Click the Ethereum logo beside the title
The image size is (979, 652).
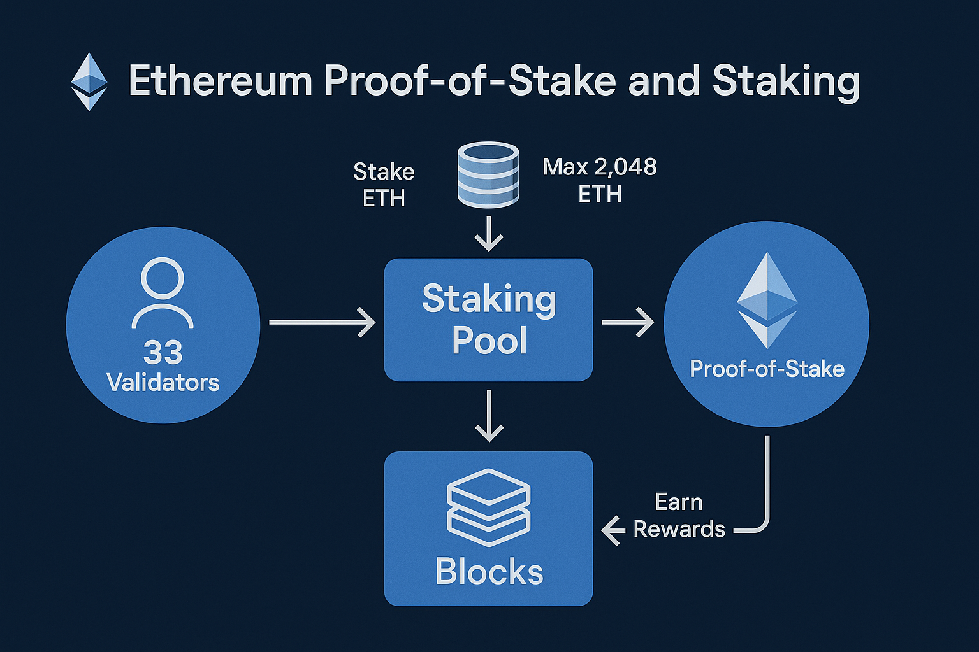89,82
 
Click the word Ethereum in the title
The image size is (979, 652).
221,81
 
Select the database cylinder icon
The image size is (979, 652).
488,174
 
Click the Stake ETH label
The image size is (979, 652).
384,185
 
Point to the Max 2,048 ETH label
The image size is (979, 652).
600,180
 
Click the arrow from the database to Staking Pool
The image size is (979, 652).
489,234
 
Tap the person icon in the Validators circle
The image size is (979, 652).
163,292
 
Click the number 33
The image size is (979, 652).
163,352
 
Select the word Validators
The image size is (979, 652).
163,383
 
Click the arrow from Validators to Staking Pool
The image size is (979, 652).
322,322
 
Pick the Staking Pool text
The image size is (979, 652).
489,319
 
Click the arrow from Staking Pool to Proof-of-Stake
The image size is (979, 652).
628,322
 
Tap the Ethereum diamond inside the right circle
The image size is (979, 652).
767,300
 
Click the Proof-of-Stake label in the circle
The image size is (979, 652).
767,369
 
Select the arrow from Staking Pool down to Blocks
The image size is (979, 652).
489,416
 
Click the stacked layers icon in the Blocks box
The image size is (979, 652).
489,507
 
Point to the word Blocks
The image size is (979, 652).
489,571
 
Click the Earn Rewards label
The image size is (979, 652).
679,516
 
